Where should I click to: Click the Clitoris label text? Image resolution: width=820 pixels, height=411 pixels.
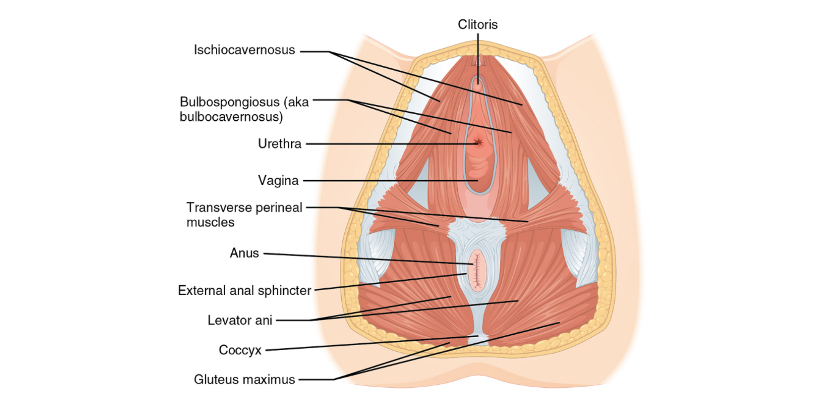pyautogui.click(x=478, y=24)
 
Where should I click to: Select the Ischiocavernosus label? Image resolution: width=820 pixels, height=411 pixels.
pyautogui.click(x=244, y=50)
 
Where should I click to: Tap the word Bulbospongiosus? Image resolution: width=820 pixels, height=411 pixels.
pyautogui.click(x=230, y=102)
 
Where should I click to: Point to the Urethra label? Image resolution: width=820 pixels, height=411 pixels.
pyautogui.click(x=279, y=144)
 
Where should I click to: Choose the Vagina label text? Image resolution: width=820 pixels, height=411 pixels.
pyautogui.click(x=278, y=180)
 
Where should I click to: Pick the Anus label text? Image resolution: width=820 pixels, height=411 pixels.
pyautogui.click(x=244, y=253)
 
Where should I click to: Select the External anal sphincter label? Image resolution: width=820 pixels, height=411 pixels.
pyautogui.click(x=244, y=290)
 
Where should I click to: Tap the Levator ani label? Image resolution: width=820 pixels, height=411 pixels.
pyautogui.click(x=240, y=320)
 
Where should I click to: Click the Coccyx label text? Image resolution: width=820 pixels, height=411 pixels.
pyautogui.click(x=240, y=350)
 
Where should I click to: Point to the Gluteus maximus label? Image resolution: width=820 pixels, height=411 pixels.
pyautogui.click(x=244, y=379)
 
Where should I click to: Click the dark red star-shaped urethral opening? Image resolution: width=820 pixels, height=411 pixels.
pyautogui.click(x=478, y=142)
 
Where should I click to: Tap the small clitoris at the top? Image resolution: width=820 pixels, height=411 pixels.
pyautogui.click(x=478, y=85)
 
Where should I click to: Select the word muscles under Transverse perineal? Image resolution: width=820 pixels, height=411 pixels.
pyautogui.click(x=210, y=222)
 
